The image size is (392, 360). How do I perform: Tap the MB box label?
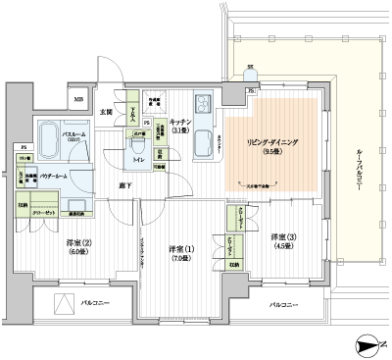click(77, 98)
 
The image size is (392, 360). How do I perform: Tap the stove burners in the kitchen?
click(204, 106)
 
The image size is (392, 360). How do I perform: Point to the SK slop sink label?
click(250, 68)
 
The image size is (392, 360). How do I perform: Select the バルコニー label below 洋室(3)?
click(282, 306)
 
